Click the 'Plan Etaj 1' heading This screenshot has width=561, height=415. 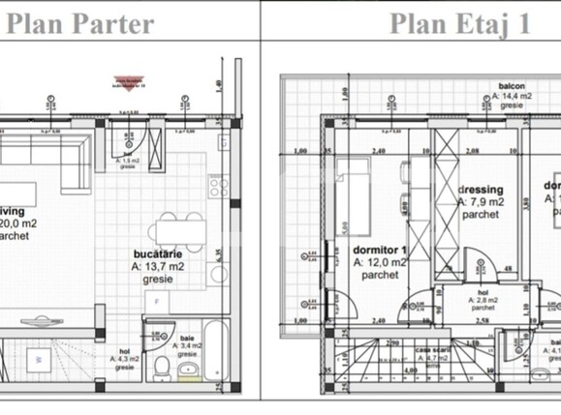click(x=459, y=22)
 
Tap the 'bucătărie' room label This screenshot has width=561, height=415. click(x=159, y=258)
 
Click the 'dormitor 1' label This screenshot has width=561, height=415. click(x=380, y=249)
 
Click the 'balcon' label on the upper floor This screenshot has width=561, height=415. click(x=498, y=85)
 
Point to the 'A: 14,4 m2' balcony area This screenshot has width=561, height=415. click(x=498, y=96)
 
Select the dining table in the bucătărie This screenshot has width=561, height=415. click(x=172, y=226)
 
